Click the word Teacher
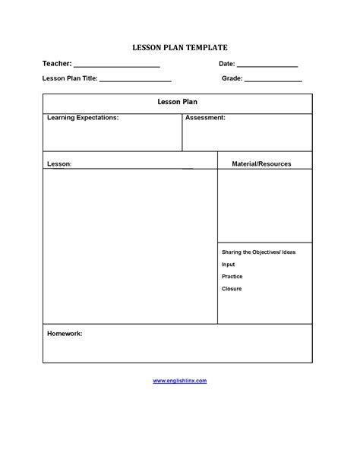(x=56, y=65)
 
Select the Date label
(x=226, y=65)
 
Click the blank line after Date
(x=267, y=67)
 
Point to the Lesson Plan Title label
(x=70, y=78)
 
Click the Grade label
(x=232, y=78)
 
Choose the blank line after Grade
(x=273, y=81)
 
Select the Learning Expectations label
(x=82, y=119)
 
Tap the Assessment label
(x=205, y=119)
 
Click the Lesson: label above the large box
(x=59, y=163)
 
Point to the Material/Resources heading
(x=261, y=163)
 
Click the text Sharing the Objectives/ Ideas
(x=258, y=252)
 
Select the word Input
(x=228, y=265)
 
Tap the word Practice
(x=232, y=277)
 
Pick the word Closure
(x=231, y=289)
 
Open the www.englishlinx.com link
(x=179, y=380)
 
